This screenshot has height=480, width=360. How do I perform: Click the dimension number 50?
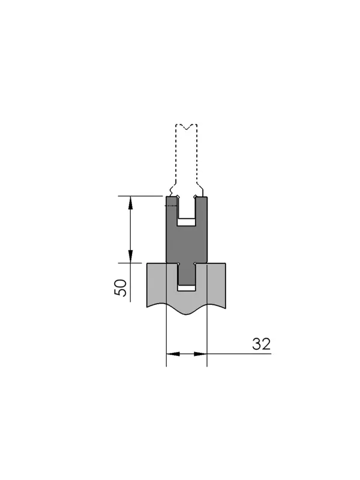point(121,287)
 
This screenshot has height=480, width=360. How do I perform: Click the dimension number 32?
point(262,344)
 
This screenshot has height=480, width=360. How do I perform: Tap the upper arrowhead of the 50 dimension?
point(130,203)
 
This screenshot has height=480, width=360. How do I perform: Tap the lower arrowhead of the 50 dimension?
point(130,256)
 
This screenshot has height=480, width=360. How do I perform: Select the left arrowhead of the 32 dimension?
point(173,354)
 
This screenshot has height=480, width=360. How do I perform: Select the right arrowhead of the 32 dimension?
point(200,354)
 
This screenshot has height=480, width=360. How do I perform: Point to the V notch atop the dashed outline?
point(187,127)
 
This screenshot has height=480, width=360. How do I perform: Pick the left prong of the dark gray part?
point(172,211)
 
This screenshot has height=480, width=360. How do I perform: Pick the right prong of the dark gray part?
point(202,211)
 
